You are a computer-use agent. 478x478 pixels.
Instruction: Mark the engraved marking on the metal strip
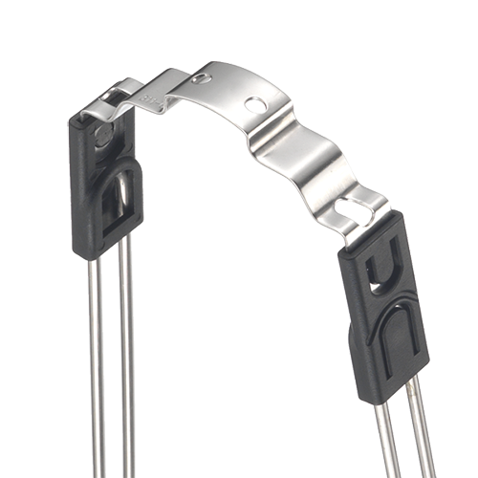pyautogui.click(x=150, y=98)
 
